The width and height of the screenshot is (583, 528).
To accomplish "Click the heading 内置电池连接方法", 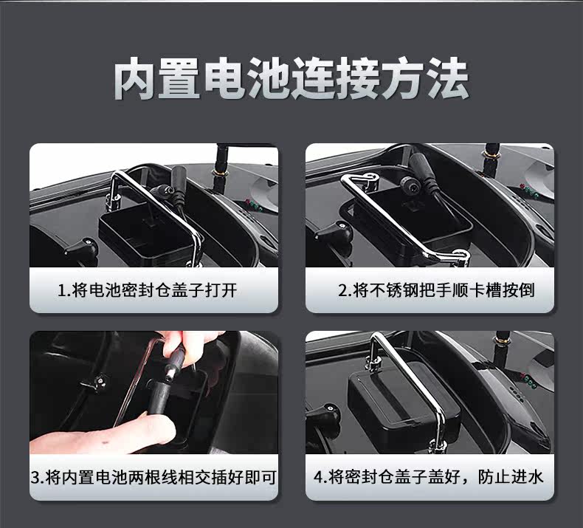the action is (291, 78).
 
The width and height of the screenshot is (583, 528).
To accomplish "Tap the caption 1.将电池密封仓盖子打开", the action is (148, 290).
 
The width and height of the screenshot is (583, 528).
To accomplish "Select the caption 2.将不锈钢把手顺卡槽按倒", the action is (436, 290).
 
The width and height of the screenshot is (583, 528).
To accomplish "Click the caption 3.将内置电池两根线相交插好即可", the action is (153, 477).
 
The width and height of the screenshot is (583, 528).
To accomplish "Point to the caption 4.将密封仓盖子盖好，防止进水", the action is (428, 477).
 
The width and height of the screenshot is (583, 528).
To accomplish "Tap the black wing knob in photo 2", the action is (334, 231).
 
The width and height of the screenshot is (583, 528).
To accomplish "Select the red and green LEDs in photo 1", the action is (254, 204).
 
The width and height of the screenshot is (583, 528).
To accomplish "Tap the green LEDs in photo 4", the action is (530, 383).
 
